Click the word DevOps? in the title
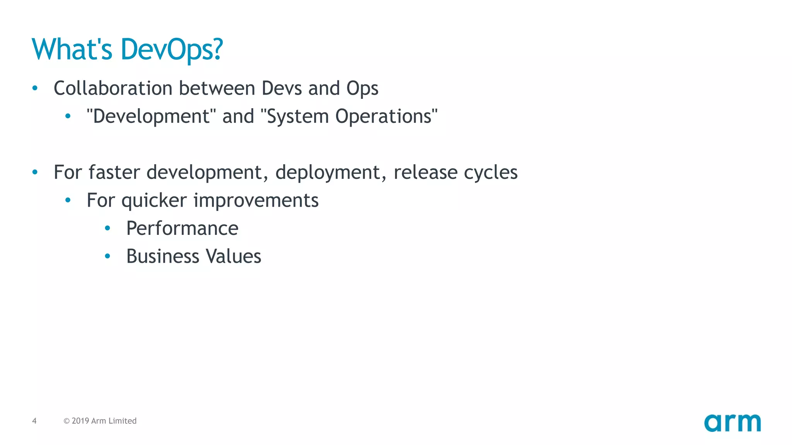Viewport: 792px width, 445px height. pos(172,49)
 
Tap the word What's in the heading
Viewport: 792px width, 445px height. pos(72,49)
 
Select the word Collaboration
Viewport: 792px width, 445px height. pos(113,88)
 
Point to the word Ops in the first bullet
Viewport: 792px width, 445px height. pos(362,89)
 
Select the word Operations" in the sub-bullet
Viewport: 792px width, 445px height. pos(386,116)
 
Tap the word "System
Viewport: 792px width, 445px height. pos(295,116)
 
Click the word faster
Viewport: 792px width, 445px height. pos(114,172)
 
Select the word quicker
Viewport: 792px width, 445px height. pos(154,200)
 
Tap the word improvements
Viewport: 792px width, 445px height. pos(256,200)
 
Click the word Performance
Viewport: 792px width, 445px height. pos(182,228)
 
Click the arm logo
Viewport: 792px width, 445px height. pos(732,423)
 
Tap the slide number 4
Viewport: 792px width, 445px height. pos(34,421)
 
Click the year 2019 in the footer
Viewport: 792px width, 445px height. pos(80,421)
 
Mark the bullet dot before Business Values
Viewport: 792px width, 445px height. pos(108,256)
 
